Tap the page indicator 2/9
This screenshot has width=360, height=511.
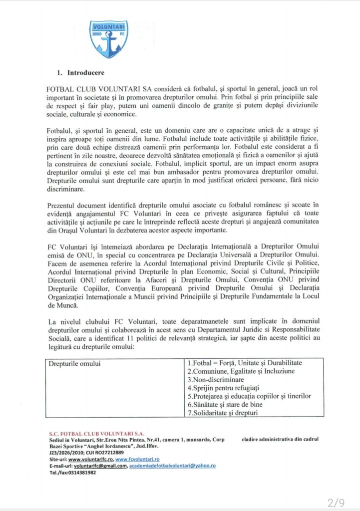pos(336,503)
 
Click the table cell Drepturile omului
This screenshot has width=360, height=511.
pos(74,363)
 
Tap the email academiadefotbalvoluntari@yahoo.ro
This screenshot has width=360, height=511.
pos(172,466)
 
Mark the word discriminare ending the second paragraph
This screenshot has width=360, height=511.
pos(66,190)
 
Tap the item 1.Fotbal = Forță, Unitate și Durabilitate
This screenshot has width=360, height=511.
pos(245,363)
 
